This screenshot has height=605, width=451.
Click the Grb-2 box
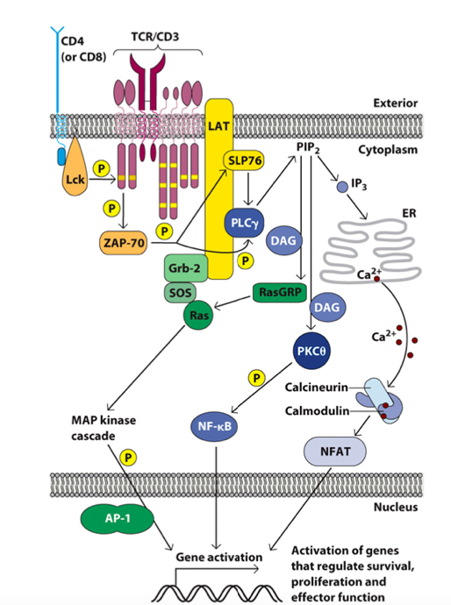[x=185, y=268]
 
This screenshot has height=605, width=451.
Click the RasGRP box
[x=276, y=291]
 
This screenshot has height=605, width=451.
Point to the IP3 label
[x=361, y=185]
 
